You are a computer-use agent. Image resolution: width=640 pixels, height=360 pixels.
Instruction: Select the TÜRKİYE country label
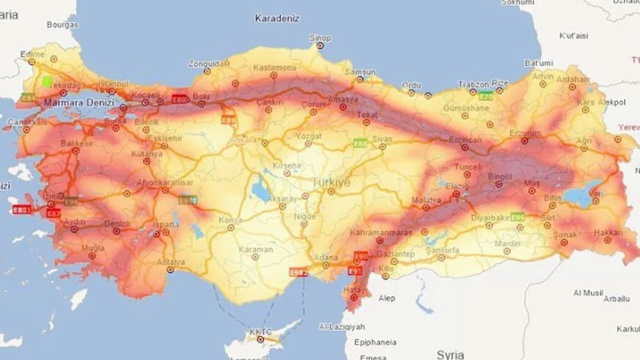pyautogui.click(x=331, y=182)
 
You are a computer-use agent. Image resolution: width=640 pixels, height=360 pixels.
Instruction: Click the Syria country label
pyautogui.click(x=451, y=352)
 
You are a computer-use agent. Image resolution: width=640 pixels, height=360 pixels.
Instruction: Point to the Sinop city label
pyautogui.click(x=320, y=38)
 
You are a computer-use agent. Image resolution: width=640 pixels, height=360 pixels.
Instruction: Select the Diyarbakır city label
pyautogui.click(x=490, y=215)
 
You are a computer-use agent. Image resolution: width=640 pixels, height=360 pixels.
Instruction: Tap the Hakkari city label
pyautogui.click(x=608, y=230)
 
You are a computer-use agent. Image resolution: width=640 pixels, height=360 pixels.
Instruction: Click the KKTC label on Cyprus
pyautogui.click(x=261, y=330)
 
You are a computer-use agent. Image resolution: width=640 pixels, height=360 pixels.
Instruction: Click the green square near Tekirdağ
pyautogui.click(x=47, y=81)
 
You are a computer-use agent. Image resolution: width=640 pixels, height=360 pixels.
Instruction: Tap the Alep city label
pyautogui.click(x=387, y=298)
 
